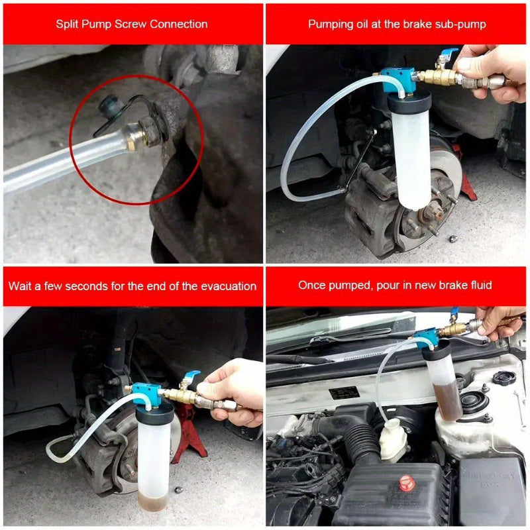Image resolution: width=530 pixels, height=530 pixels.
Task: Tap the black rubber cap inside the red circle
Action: pyautogui.click(x=107, y=105)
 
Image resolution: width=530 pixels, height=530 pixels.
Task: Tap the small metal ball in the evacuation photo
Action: pyautogui.click(x=178, y=490)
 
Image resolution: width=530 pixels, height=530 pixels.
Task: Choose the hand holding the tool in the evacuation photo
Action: pyautogui.click(x=232, y=391)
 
